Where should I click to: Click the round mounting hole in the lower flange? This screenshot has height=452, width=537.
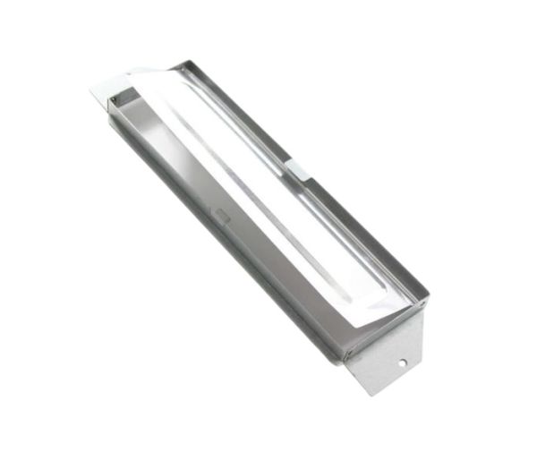click(402, 362)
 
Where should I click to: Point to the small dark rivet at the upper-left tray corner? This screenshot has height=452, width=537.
click(114, 99)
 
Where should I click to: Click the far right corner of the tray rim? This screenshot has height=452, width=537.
click(428, 296)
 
